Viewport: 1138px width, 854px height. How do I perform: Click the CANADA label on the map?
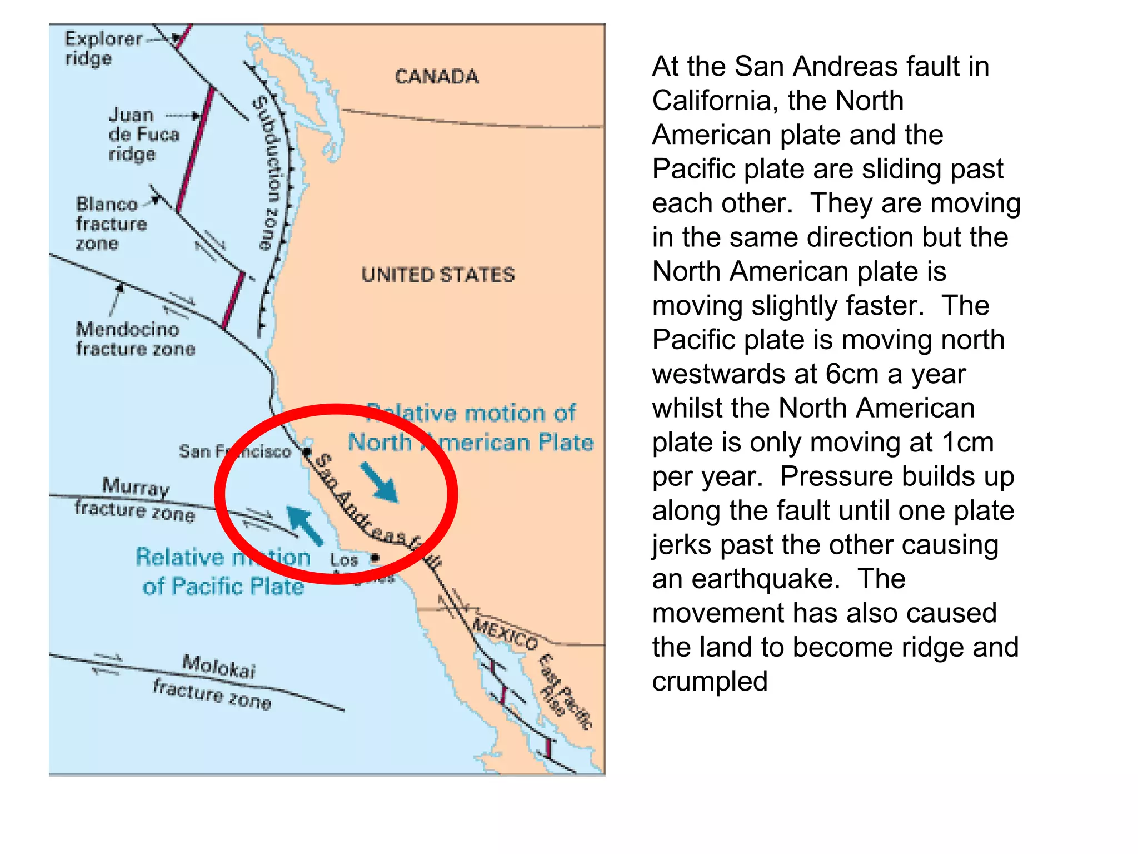pos(436,77)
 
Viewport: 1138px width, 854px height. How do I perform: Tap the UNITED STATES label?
pos(438,275)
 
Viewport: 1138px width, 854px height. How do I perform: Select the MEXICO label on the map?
pos(505,633)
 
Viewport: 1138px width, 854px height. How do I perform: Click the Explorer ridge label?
pos(103,48)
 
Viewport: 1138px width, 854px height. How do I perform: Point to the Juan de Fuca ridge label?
pos(143,134)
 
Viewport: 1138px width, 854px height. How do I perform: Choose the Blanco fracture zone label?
pos(111,224)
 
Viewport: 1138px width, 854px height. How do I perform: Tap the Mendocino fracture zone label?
pos(135,339)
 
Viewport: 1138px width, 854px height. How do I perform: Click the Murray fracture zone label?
pos(135,499)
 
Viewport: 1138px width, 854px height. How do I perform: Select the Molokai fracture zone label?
pos(217,681)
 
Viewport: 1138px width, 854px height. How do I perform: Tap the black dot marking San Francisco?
pos(307,451)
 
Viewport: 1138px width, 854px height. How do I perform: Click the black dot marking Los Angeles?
pos(376,557)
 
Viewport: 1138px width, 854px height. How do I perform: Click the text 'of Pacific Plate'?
pos(223,587)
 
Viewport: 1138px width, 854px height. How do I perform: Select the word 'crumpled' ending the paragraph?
pos(710,682)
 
